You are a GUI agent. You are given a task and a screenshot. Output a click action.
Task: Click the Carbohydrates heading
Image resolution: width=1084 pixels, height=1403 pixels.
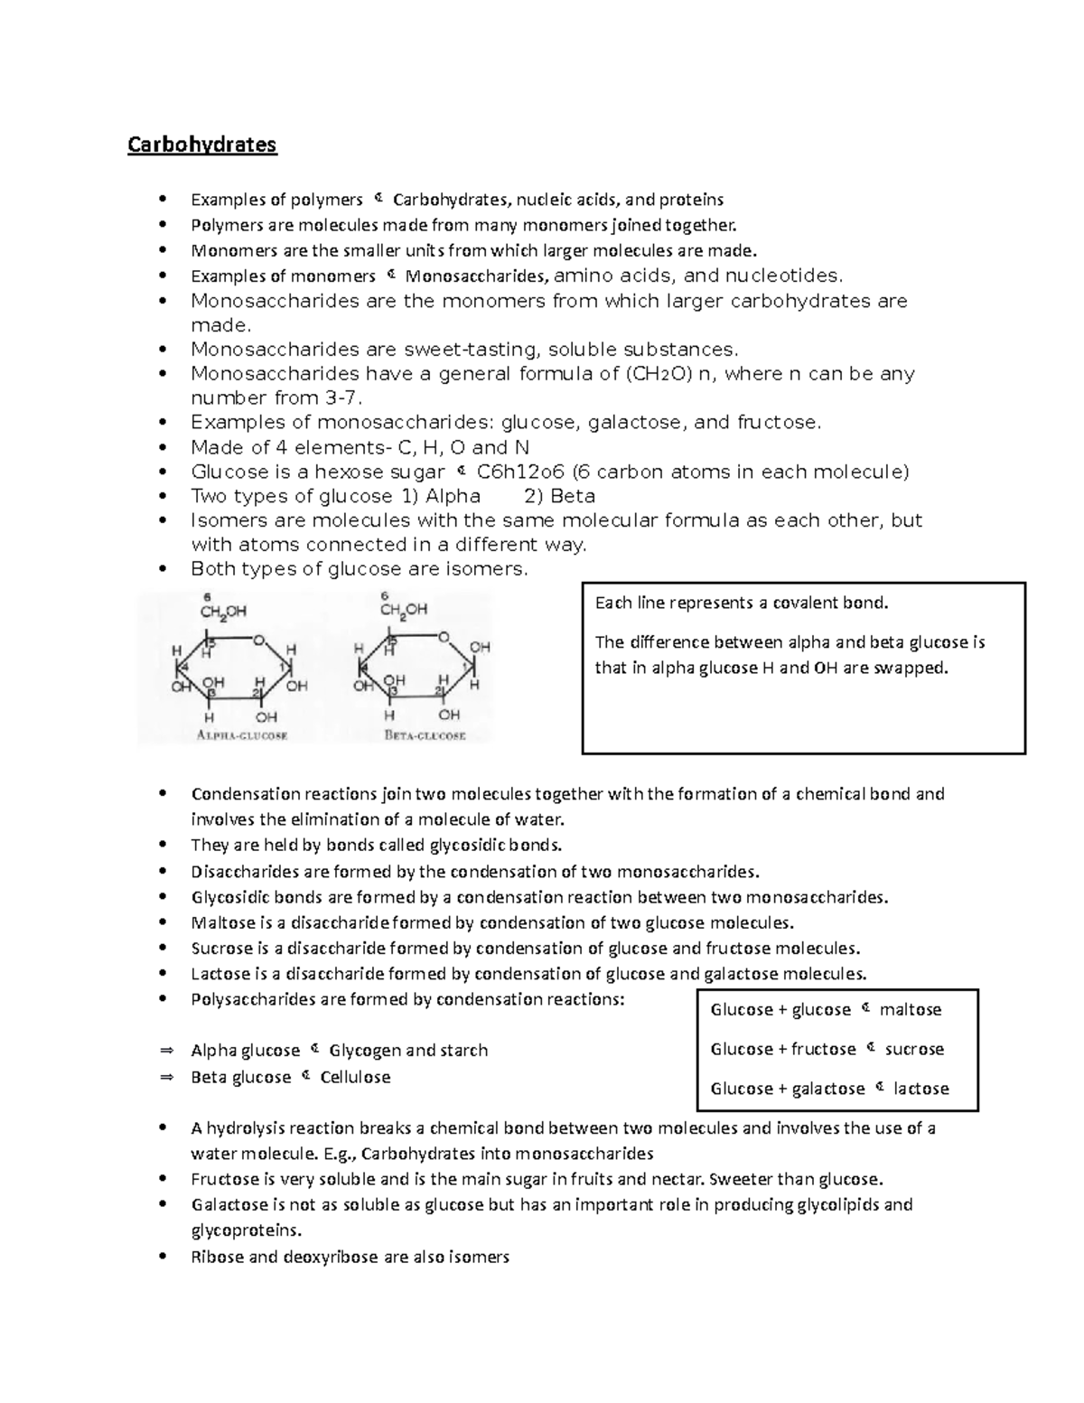[x=201, y=145]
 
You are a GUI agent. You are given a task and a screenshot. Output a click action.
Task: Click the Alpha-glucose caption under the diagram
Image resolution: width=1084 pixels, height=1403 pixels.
[x=242, y=735]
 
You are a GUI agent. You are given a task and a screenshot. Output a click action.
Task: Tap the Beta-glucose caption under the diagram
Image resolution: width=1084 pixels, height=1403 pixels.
[x=425, y=735]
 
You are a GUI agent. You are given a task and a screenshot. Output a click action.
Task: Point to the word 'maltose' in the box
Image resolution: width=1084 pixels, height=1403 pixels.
[x=911, y=1010]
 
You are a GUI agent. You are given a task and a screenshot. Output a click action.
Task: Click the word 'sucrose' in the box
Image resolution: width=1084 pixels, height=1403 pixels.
[x=914, y=1050]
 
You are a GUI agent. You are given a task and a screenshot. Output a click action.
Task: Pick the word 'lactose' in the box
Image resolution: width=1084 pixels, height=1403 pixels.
[x=921, y=1090]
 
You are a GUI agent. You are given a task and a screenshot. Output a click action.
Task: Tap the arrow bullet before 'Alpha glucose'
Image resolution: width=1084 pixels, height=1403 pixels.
[x=165, y=1051]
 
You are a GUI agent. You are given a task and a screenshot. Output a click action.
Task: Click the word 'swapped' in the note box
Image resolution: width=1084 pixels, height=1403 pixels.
[x=917, y=669]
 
